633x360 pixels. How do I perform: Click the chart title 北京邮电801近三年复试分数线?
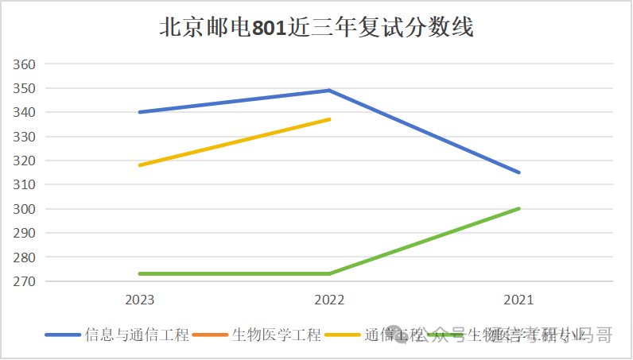click(x=316, y=28)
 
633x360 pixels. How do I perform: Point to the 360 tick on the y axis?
click(x=25, y=64)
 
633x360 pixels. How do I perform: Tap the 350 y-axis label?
click(x=25, y=88)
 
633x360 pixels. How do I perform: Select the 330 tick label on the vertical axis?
click(x=25, y=137)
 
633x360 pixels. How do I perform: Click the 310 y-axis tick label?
click(x=25, y=185)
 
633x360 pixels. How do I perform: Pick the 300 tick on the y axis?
click(x=25, y=209)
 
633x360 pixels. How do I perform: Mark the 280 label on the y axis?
click(x=25, y=257)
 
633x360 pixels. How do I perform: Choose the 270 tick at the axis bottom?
click(x=25, y=282)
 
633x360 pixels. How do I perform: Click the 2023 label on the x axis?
click(x=140, y=300)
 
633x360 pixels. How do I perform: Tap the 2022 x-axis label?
click(x=329, y=300)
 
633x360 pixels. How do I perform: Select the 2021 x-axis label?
click(x=518, y=300)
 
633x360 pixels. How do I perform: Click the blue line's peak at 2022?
click(x=329, y=90)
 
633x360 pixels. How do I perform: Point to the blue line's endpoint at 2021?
click(x=518, y=172)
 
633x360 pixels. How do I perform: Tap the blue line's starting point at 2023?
click(x=140, y=112)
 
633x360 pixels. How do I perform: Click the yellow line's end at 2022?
click(x=329, y=119)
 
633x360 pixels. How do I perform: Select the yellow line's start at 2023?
click(x=140, y=165)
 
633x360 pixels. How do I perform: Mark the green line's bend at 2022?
click(x=329, y=273)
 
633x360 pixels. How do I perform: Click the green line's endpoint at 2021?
click(x=518, y=208)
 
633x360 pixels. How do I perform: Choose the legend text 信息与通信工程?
click(x=137, y=335)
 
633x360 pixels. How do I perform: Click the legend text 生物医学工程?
click(x=276, y=335)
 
